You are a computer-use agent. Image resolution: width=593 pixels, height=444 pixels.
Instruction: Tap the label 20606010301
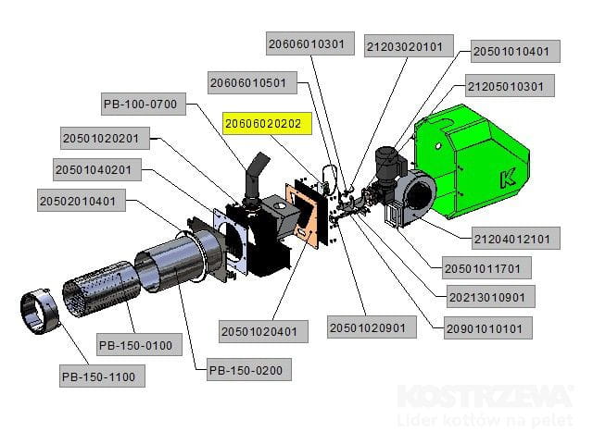[310, 43]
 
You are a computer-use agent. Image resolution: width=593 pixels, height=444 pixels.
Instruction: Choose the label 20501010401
[516, 52]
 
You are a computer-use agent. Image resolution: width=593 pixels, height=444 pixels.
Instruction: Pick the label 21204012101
[515, 239]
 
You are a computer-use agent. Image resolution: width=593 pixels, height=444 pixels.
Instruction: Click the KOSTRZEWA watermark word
[485, 396]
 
